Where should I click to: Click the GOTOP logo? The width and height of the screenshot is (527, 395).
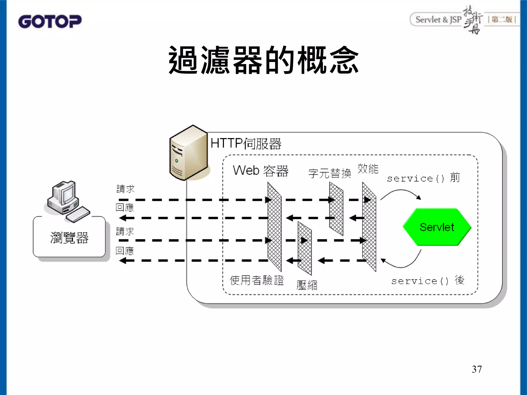click(50, 21)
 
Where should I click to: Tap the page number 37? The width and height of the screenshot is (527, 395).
click(477, 369)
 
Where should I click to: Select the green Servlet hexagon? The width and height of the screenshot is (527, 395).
click(437, 227)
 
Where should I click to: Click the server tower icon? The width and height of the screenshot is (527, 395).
click(189, 153)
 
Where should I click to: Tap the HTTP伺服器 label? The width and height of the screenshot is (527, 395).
click(246, 143)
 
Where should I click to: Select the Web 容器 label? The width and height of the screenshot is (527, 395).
click(261, 171)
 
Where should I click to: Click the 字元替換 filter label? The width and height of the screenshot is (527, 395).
click(330, 173)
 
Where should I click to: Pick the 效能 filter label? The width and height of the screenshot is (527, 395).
click(368, 169)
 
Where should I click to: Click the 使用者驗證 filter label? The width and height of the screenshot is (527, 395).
click(257, 280)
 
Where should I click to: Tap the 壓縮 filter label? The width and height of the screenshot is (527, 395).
click(307, 285)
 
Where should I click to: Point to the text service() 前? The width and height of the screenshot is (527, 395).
click(423, 178)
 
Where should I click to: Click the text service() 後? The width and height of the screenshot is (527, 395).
click(428, 281)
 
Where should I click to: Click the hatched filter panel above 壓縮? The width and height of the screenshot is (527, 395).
click(305, 248)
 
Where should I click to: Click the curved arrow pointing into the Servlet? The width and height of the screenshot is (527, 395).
click(401, 194)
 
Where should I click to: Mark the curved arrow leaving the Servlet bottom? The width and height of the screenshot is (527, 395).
click(401, 262)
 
